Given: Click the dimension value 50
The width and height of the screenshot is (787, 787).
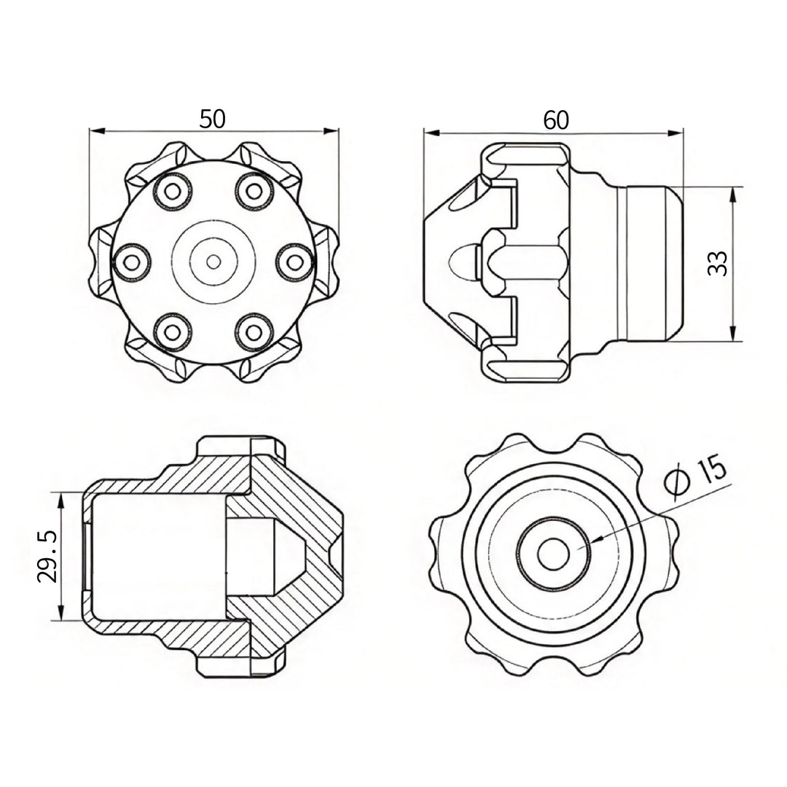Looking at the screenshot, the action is [213, 119].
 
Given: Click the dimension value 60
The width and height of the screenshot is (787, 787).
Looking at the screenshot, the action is [555, 120].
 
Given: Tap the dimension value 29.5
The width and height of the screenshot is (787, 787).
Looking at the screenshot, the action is [47, 557].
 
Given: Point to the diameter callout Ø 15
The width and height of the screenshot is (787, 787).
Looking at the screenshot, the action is [696, 475].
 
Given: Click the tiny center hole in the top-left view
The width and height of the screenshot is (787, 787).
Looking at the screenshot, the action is [214, 262].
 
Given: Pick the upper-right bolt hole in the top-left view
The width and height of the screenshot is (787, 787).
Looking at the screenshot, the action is [254, 191].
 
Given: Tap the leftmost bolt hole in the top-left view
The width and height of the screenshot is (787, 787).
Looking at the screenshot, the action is [132, 262].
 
